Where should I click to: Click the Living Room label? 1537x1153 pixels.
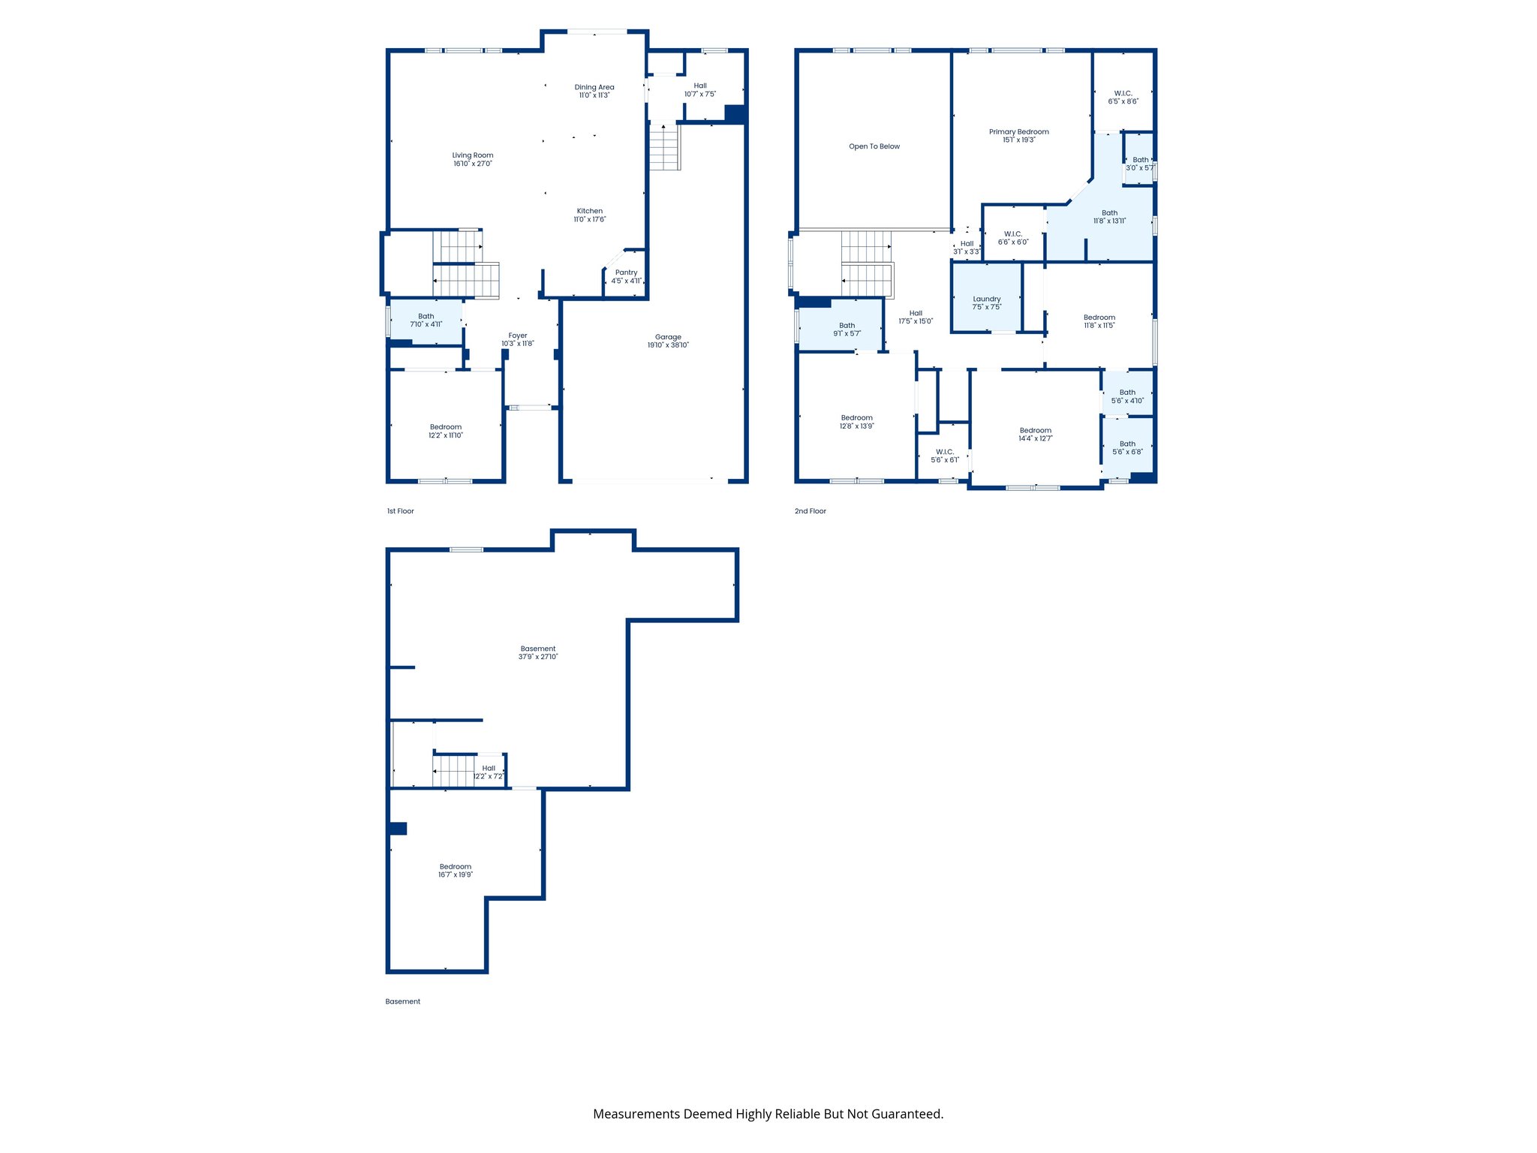472,155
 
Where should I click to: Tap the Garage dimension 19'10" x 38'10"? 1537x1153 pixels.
668,345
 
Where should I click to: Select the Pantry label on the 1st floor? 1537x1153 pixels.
626,272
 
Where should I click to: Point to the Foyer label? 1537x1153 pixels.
518,336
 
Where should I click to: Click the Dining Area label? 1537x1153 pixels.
594,87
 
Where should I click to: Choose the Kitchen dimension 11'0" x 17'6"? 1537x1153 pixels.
590,219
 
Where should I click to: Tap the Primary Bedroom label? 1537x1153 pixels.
1018,131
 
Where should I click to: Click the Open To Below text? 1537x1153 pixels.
874,146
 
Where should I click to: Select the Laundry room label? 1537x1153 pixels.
987,299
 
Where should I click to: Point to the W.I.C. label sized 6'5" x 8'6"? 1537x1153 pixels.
1123,93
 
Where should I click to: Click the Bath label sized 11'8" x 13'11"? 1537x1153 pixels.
1109,212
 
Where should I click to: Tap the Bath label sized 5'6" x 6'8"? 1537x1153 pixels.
1127,444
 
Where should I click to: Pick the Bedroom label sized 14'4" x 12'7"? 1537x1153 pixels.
1036,430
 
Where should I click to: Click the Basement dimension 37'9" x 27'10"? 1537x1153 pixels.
538,657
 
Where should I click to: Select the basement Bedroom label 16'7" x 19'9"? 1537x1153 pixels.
456,866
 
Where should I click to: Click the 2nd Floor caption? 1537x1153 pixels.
810,511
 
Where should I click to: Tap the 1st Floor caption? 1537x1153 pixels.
400,511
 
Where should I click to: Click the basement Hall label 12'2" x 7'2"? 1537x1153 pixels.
489,768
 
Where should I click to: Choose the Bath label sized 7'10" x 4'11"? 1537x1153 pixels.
426,316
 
